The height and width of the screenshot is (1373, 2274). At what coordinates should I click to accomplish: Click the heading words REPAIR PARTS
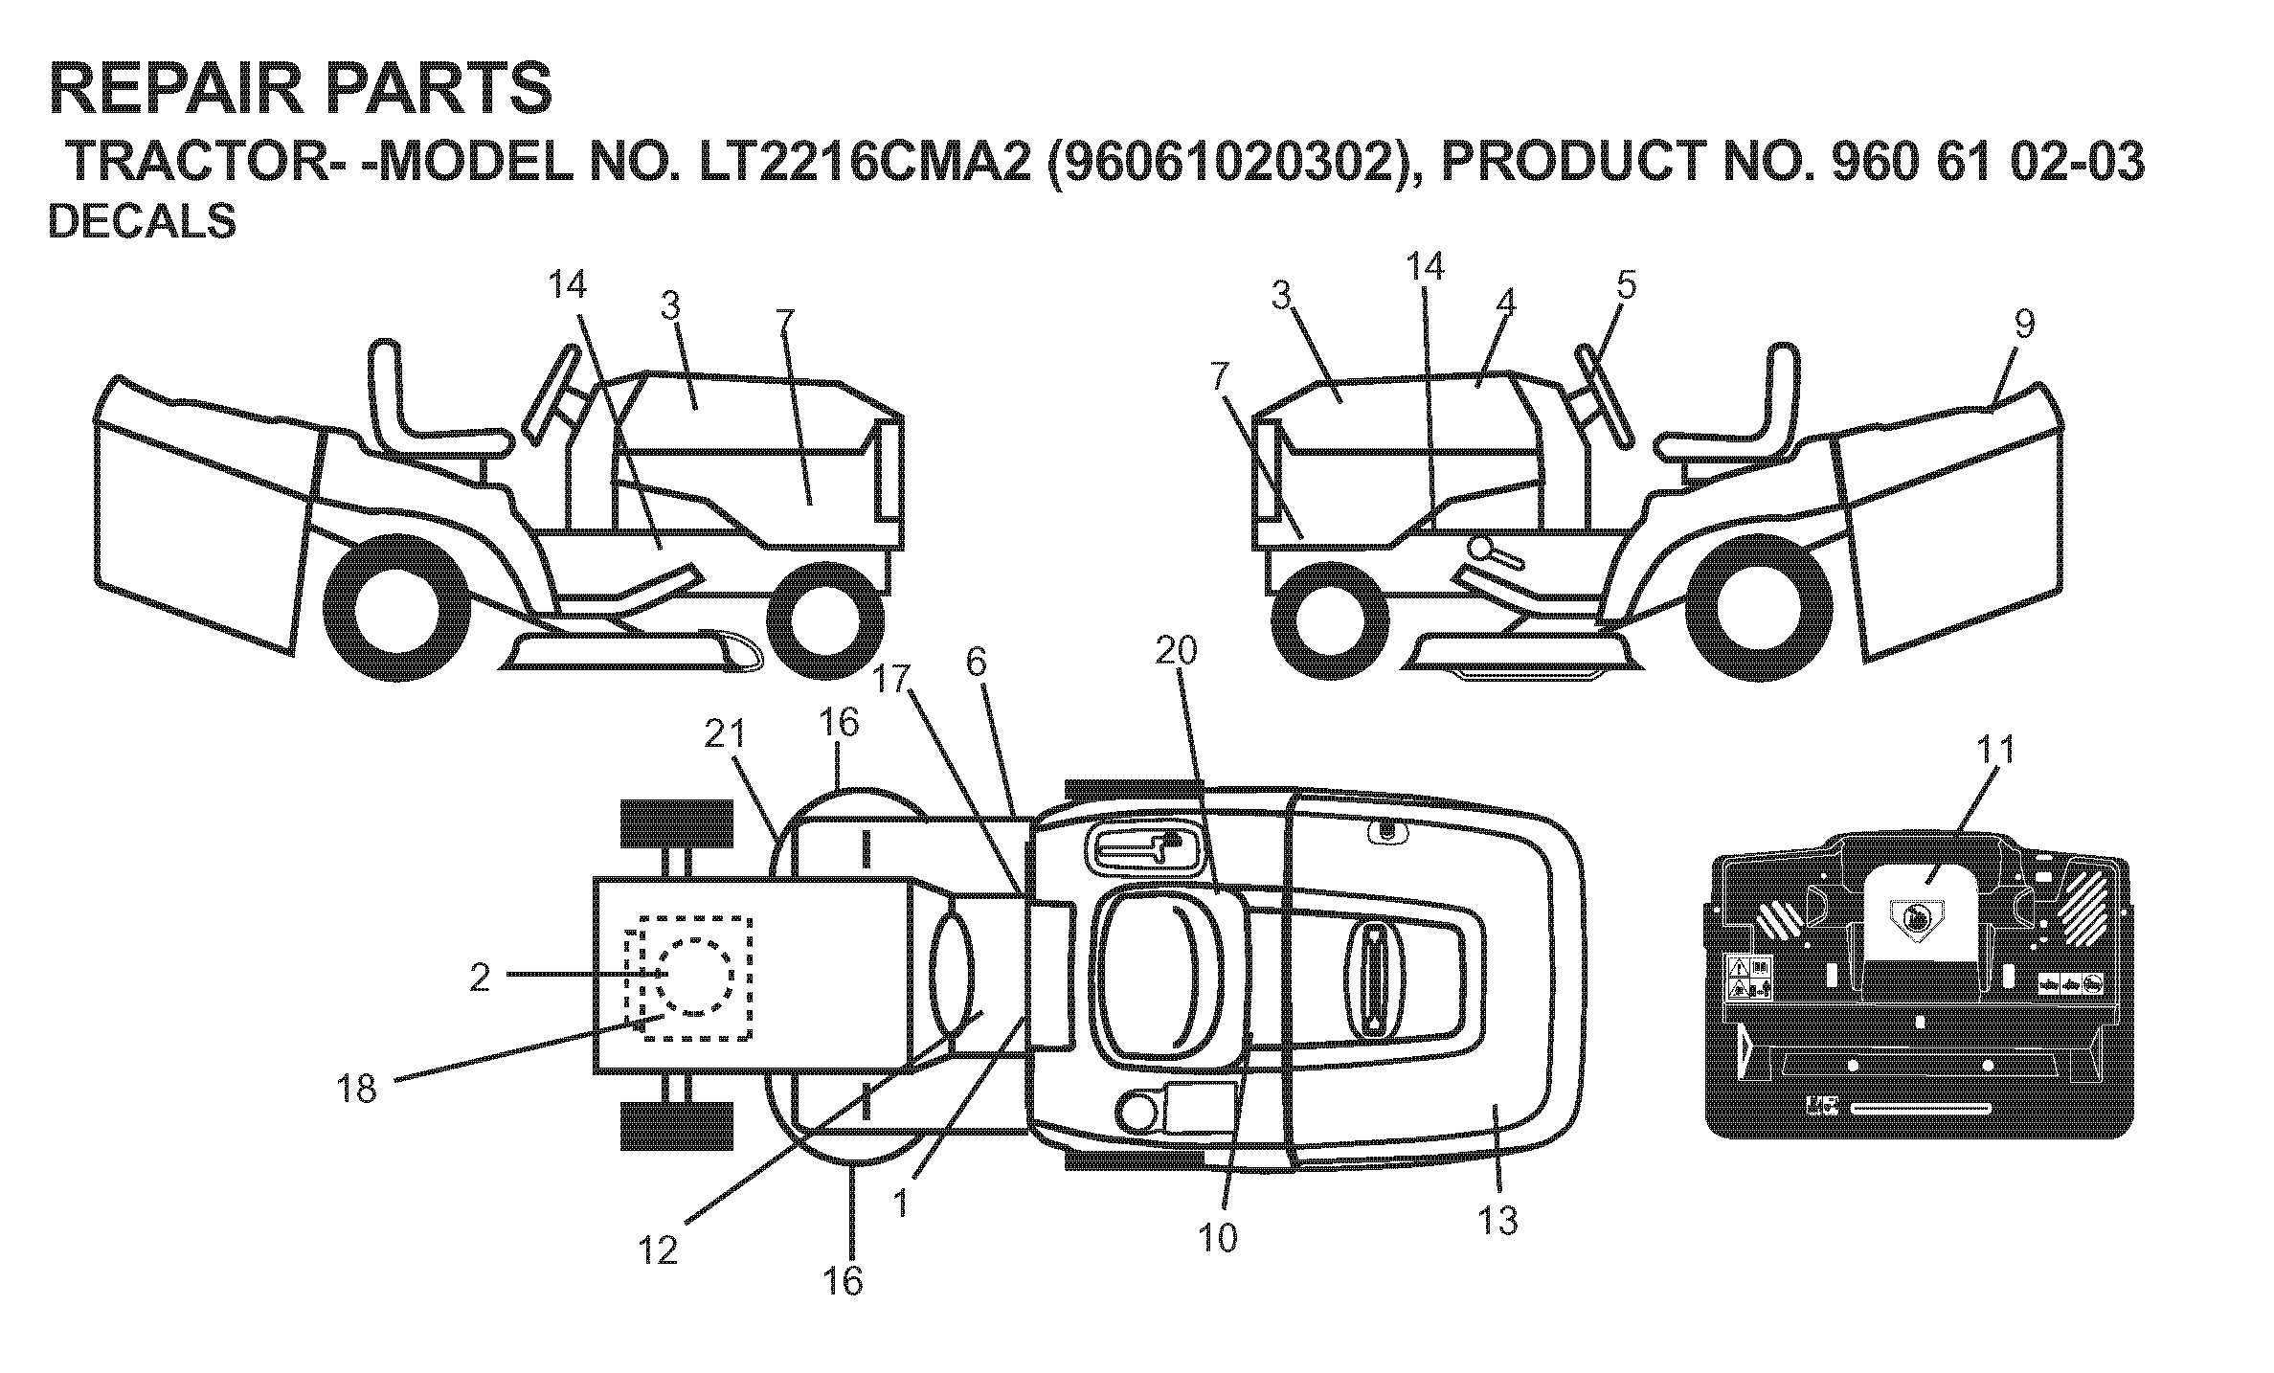point(300,89)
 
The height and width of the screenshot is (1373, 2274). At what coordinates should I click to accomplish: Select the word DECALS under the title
point(142,222)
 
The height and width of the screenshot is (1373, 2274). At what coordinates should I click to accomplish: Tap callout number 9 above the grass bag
point(2023,325)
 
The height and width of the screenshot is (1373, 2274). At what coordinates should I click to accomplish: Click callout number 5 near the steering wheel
point(1625,285)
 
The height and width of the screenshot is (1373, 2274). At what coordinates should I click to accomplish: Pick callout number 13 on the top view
point(1498,1221)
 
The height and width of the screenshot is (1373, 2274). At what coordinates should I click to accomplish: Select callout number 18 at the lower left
point(357,1089)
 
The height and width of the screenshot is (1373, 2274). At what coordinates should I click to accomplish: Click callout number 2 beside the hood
point(480,978)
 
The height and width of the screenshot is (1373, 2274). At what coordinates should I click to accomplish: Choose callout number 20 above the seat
point(1176,651)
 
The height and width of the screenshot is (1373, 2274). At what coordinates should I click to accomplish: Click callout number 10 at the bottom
point(1217,1238)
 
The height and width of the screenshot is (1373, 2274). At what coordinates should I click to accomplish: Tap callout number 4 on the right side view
point(1504,304)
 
